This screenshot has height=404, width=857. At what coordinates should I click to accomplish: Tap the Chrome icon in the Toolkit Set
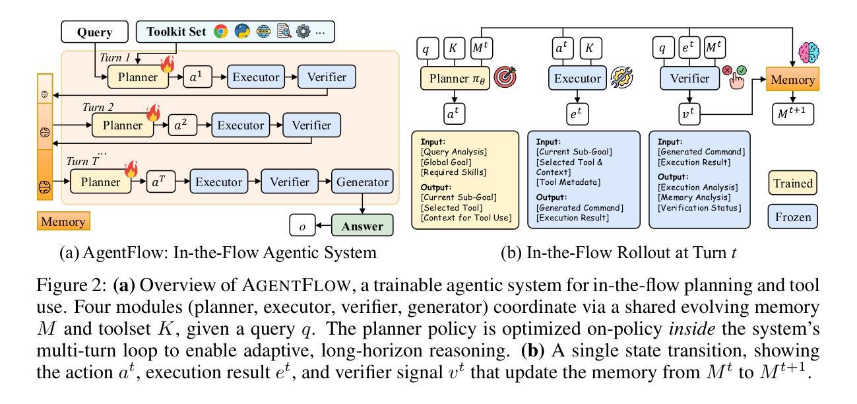(x=221, y=32)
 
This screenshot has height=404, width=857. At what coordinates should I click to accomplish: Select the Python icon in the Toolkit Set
(x=243, y=32)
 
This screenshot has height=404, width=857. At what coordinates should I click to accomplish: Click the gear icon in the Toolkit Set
(x=303, y=32)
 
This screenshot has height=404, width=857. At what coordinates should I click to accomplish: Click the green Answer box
(x=362, y=226)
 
